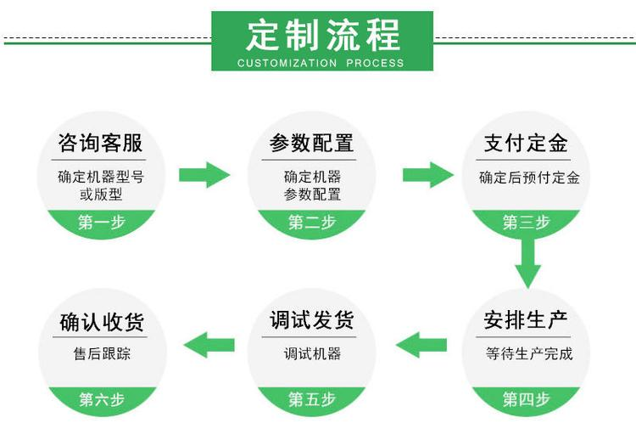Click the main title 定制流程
click(x=322, y=36)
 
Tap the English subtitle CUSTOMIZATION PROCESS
click(x=321, y=63)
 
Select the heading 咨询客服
click(x=100, y=143)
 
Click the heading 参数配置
click(x=311, y=143)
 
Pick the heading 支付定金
click(x=526, y=143)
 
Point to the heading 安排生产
click(x=526, y=320)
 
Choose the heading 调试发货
click(x=311, y=320)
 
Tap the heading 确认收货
click(x=102, y=322)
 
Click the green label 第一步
click(x=102, y=223)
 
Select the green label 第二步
click(x=312, y=223)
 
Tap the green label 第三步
click(x=526, y=223)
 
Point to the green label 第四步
click(x=526, y=399)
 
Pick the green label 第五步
click(x=312, y=399)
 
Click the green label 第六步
click(x=102, y=399)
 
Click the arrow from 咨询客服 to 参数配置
click(x=204, y=175)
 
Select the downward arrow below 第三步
click(x=528, y=263)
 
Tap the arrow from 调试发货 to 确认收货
click(x=209, y=345)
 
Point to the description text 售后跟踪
click(x=102, y=353)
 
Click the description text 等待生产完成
click(x=529, y=353)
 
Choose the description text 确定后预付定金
click(x=529, y=178)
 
